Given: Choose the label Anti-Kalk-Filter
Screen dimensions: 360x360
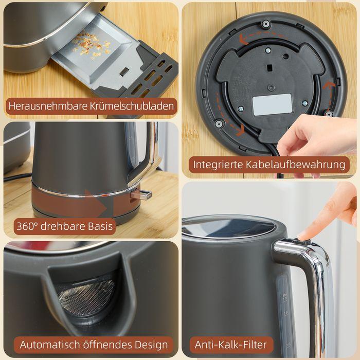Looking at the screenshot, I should coord(230,344).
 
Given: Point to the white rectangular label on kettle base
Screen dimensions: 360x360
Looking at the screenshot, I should coord(272,104).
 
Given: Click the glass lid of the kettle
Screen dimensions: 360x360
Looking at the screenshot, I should coord(229,227).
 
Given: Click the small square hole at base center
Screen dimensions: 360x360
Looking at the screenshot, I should coord(269,67).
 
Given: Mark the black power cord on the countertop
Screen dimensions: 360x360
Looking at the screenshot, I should coord(15,177).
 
